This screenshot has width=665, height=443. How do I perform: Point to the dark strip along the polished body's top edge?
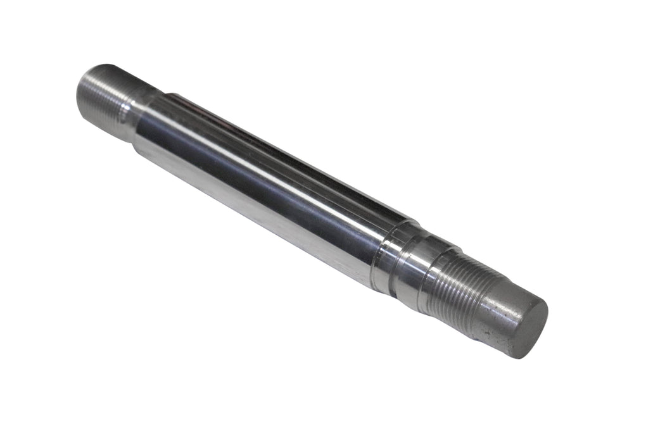click(285, 155)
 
